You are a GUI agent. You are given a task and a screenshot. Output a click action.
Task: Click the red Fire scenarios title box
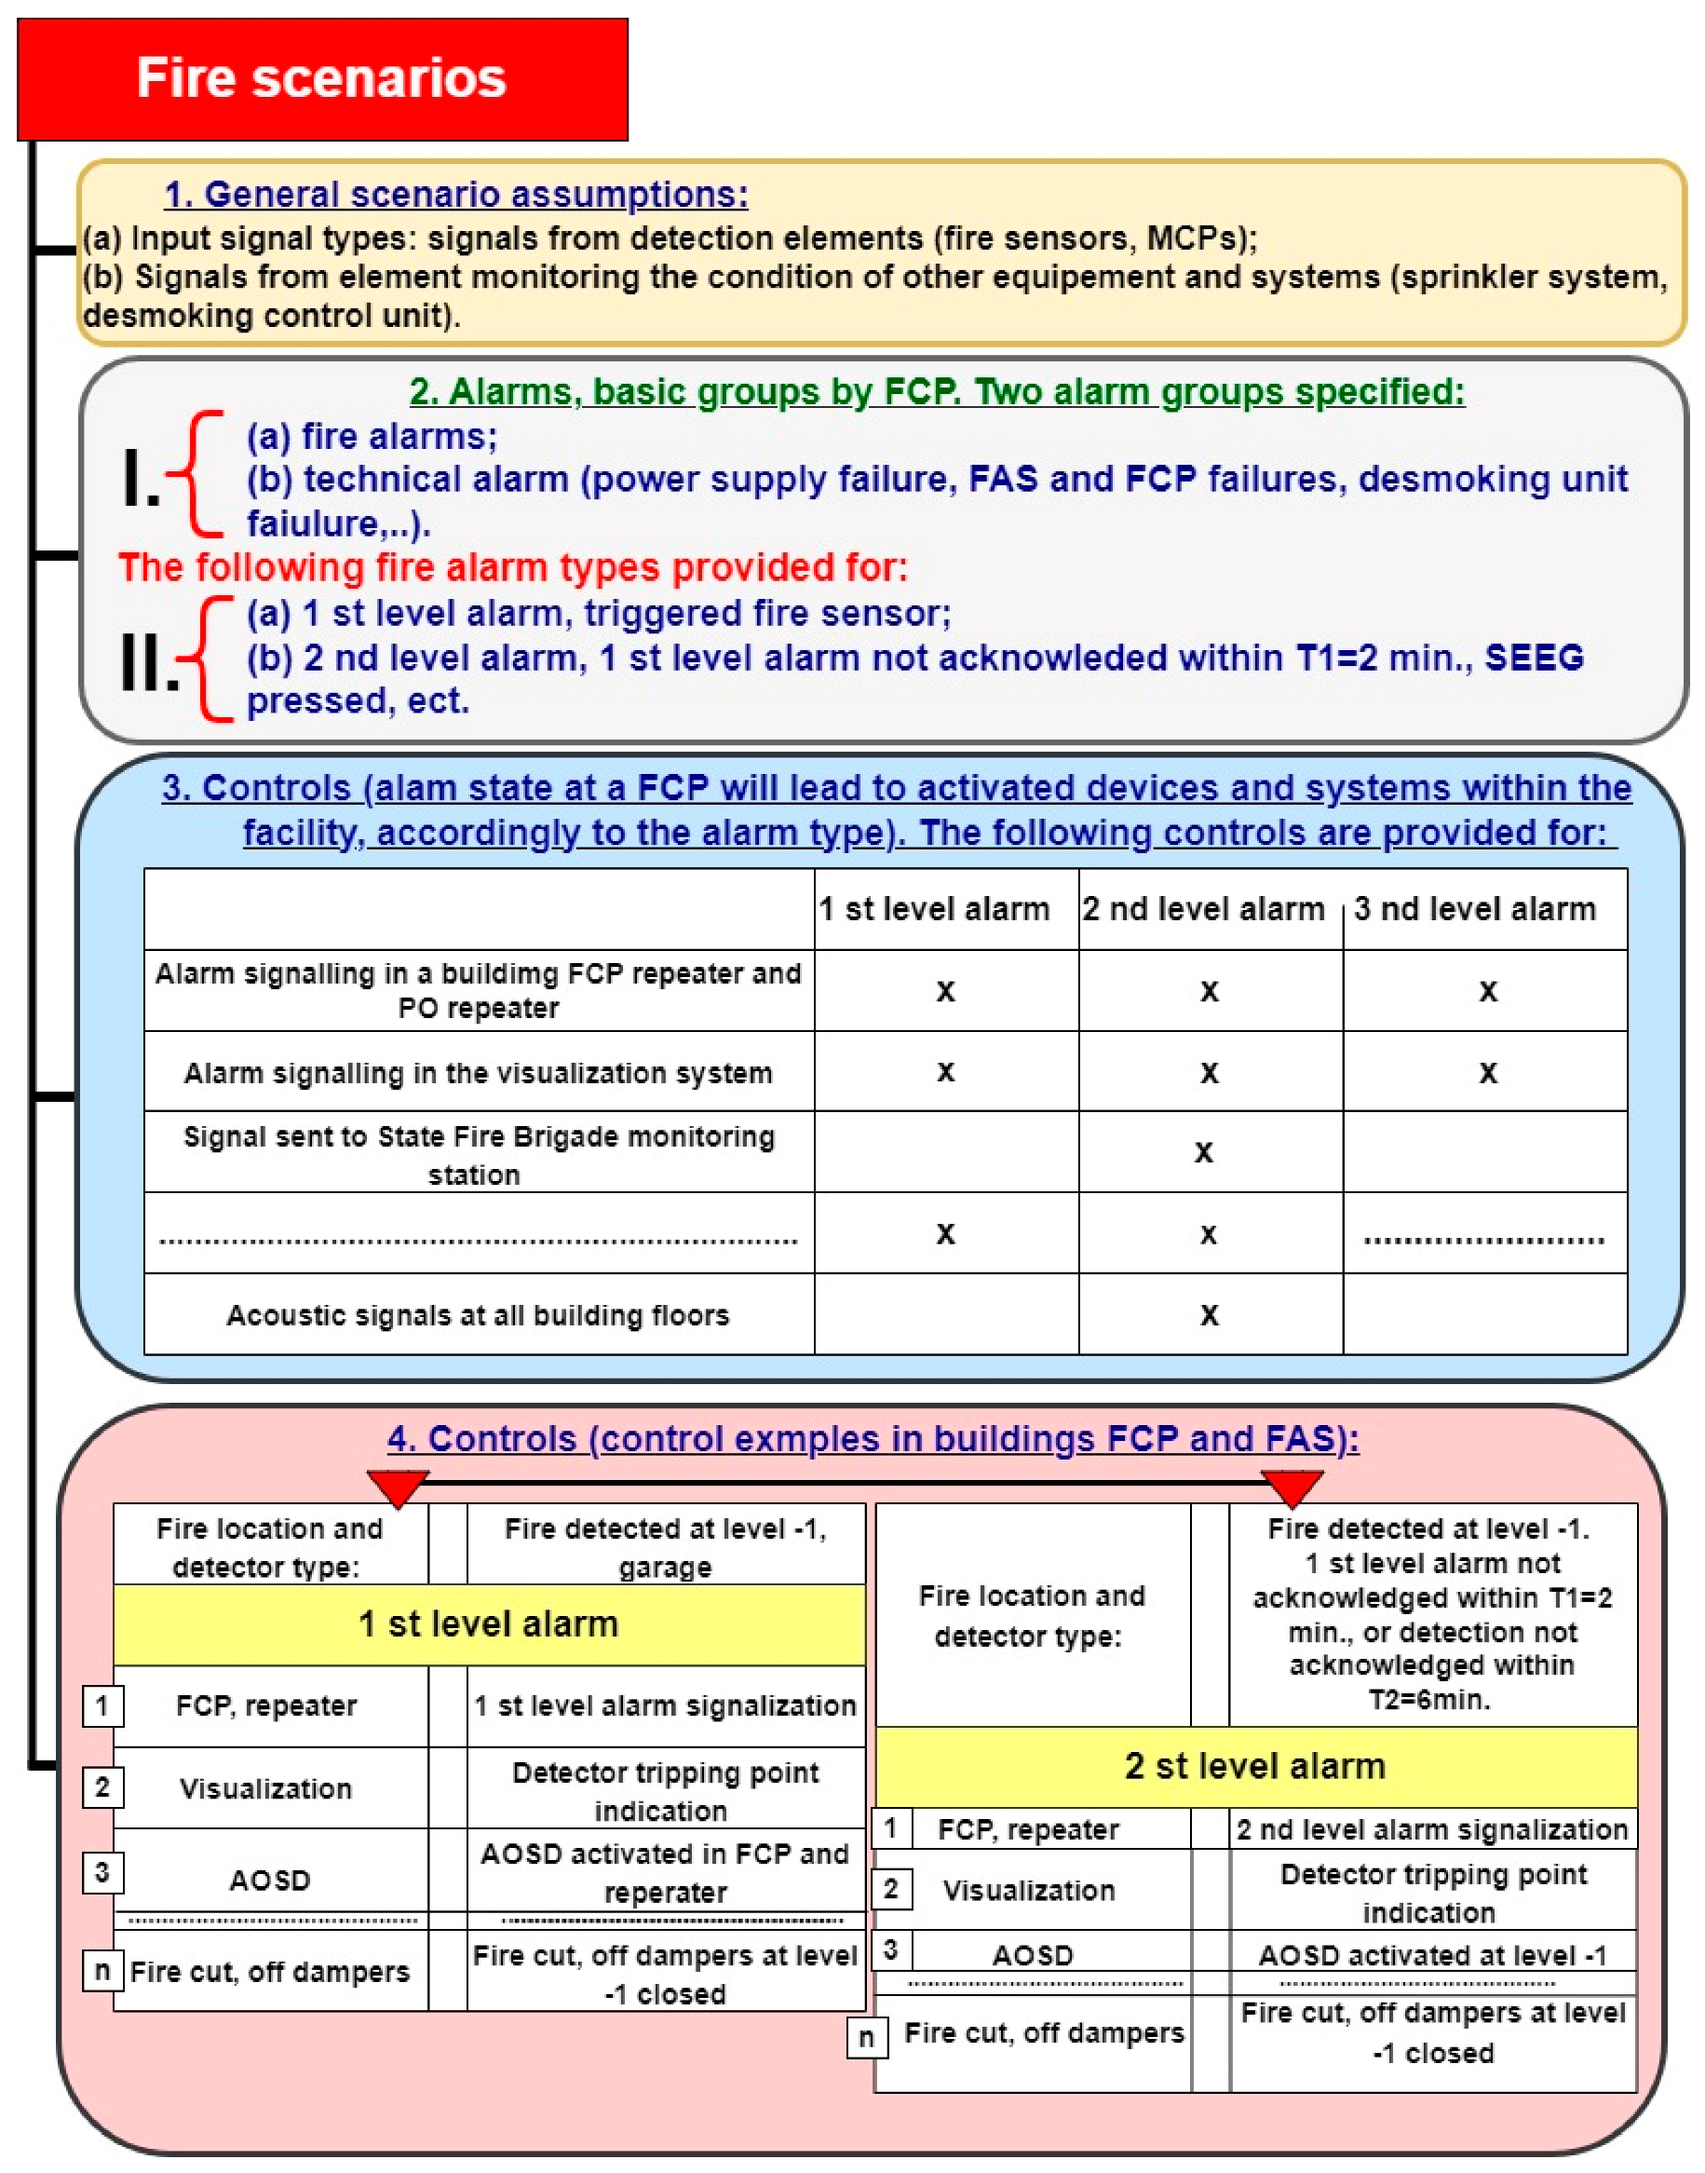click(x=321, y=79)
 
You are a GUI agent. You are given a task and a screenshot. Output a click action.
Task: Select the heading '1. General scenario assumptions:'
click(x=455, y=194)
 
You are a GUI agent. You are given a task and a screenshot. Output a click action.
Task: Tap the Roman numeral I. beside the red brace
click(x=141, y=480)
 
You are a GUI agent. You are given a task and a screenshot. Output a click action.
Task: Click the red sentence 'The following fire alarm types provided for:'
click(x=513, y=567)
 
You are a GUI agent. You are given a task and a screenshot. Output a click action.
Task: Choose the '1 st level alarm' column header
click(x=933, y=909)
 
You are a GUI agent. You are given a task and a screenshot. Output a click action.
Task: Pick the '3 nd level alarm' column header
click(x=1474, y=909)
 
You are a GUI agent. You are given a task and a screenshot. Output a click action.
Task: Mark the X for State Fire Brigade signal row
click(x=1204, y=1152)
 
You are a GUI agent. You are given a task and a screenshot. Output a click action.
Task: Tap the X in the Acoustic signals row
click(x=1209, y=1315)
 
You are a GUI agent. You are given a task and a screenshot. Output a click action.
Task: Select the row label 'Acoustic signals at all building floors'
click(x=478, y=1315)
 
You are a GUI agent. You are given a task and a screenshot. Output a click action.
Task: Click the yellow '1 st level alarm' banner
click(x=488, y=1623)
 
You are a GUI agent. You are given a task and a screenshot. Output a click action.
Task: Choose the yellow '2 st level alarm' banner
click(x=1255, y=1767)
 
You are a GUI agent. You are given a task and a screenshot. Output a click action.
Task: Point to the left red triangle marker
click(x=398, y=1487)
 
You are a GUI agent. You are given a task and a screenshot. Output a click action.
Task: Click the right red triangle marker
click(x=1292, y=1487)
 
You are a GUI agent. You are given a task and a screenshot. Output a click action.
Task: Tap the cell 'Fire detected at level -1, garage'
click(x=665, y=1547)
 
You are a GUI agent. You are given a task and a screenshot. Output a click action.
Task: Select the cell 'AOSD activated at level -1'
click(x=1431, y=1955)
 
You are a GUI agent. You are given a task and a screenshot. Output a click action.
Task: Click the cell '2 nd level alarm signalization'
click(x=1431, y=1829)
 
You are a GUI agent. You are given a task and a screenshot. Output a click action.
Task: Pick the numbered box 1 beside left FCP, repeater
click(x=101, y=1705)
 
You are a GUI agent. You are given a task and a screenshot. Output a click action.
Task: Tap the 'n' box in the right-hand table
click(x=865, y=2037)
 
